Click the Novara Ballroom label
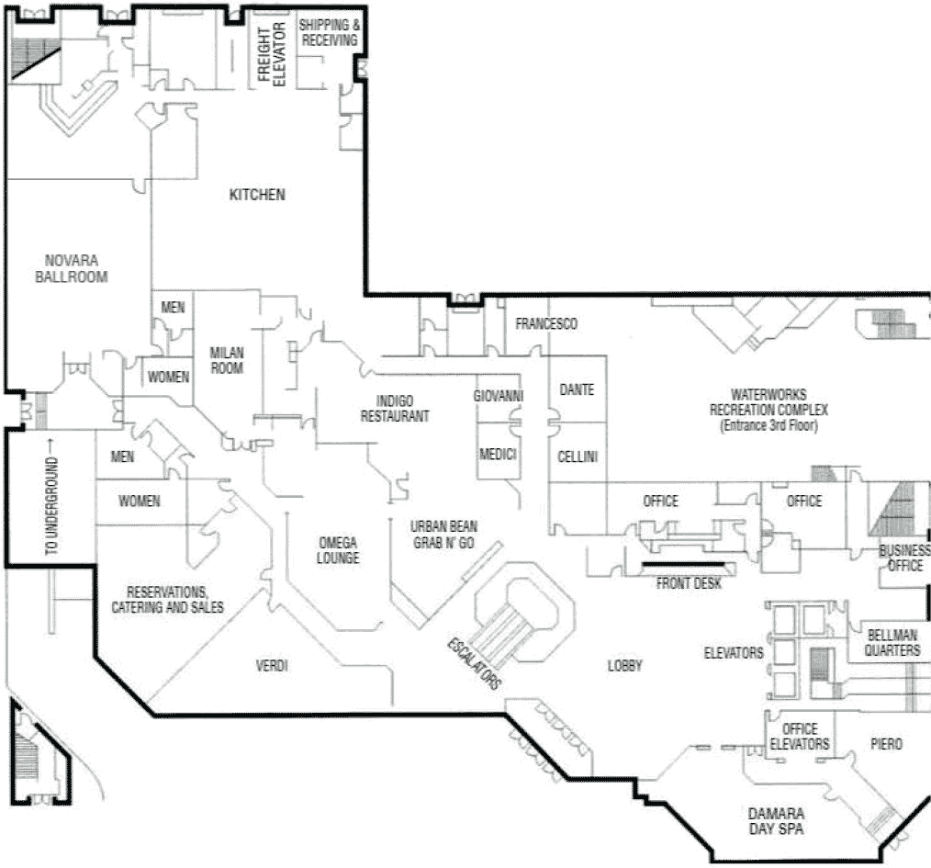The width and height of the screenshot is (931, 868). pyautogui.click(x=71, y=267)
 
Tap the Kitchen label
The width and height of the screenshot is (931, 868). pyautogui.click(x=257, y=195)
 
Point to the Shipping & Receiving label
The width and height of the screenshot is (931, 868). pyautogui.click(x=328, y=33)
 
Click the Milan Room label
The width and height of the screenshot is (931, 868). pyautogui.click(x=227, y=359)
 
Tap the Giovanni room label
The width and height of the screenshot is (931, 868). pyautogui.click(x=499, y=396)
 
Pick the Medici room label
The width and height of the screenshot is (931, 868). pyautogui.click(x=498, y=455)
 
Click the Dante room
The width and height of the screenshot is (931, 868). pyautogui.click(x=577, y=389)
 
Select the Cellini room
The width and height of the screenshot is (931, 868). pyautogui.click(x=578, y=457)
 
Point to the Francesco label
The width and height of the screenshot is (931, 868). pyautogui.click(x=545, y=324)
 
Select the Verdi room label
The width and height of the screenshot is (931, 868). pyautogui.click(x=272, y=666)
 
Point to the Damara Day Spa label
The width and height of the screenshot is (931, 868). pyautogui.click(x=776, y=821)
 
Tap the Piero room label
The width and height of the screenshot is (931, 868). pyautogui.click(x=888, y=743)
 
